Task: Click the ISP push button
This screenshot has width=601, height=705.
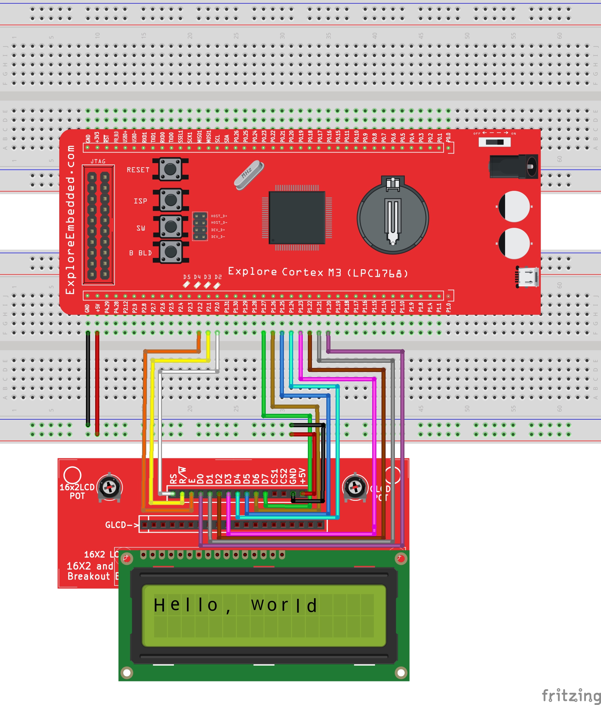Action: pos(171,200)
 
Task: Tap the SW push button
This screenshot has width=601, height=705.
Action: pos(171,226)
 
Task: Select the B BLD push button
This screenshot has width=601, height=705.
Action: pos(171,252)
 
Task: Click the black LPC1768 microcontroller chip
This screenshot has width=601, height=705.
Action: pos(297,218)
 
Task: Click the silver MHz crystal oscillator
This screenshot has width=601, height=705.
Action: pos(249,175)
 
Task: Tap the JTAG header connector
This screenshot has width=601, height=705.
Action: pos(98,225)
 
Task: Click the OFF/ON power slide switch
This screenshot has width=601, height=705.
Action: pos(494,142)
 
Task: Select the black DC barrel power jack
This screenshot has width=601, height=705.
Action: pos(513,166)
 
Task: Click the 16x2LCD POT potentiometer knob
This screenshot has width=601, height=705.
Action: pos(110,487)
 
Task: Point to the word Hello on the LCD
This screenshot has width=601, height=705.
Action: pos(186,605)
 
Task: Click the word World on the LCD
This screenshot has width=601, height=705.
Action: pos(284,605)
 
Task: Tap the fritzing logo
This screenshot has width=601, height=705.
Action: pos(571,695)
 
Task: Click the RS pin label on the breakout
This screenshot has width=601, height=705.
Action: pos(173,478)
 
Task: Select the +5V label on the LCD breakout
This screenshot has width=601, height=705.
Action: pos(302,475)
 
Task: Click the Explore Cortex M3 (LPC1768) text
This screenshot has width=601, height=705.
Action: pos(318,273)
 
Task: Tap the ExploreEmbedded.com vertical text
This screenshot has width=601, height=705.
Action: pos(70,219)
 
